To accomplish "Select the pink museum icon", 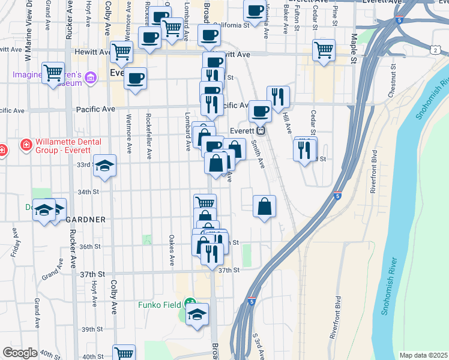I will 91,76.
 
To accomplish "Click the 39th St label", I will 92,329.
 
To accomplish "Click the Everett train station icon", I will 261,131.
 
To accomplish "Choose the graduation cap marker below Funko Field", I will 197,314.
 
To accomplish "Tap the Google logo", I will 19,352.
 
